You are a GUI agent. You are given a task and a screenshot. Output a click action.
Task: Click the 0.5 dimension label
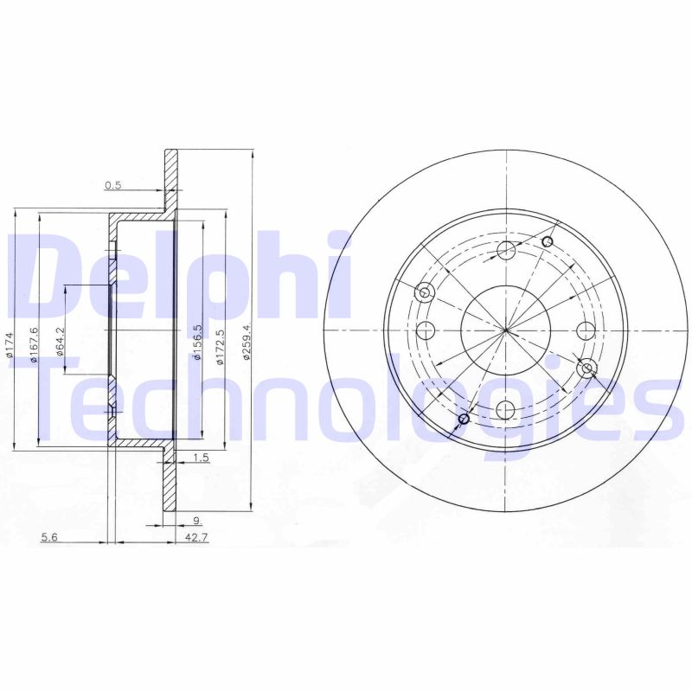112,185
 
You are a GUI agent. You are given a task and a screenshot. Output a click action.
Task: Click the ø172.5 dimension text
221,347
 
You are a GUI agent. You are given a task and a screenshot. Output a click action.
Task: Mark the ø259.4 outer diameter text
247,343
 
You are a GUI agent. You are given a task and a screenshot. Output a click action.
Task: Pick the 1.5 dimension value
201,458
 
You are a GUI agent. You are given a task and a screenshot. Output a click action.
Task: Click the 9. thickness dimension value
197,521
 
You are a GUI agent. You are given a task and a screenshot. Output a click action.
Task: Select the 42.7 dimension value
197,538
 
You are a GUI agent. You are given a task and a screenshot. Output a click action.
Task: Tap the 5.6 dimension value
48,538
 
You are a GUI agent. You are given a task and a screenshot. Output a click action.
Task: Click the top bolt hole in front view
507,251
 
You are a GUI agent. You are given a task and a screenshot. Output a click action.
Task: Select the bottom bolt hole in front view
507,410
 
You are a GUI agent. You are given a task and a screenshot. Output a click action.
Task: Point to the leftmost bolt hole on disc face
426,330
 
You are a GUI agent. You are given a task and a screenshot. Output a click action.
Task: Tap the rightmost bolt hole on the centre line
586,330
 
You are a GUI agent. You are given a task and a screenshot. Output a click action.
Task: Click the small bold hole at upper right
547,241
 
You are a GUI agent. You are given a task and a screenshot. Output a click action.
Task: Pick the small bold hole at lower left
463,420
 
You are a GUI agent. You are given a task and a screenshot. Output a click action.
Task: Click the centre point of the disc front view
507,330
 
